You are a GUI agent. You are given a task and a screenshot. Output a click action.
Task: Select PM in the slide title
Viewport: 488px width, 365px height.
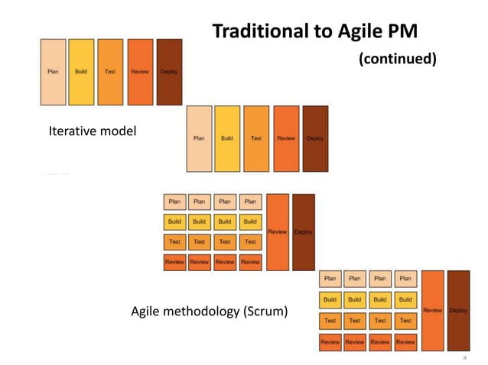pyautogui.click(x=405, y=32)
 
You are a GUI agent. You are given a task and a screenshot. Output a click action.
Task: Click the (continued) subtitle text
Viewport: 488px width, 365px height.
pyautogui.click(x=398, y=59)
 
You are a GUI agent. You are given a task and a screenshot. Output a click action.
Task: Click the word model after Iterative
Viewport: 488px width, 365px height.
pyautogui.click(x=119, y=131)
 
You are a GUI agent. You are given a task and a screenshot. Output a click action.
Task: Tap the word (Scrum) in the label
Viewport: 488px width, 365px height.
pyautogui.click(x=265, y=312)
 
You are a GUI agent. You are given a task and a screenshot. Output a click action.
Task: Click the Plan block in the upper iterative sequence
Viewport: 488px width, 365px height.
pyautogui.click(x=53, y=72)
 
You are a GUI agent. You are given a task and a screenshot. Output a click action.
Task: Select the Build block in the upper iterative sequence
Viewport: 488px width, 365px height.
pyautogui.click(x=81, y=72)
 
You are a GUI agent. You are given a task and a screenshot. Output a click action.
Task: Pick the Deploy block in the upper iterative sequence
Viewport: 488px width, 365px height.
pyautogui.click(x=169, y=72)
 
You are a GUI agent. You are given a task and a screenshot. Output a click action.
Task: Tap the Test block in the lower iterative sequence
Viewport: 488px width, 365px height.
pyautogui.click(x=256, y=138)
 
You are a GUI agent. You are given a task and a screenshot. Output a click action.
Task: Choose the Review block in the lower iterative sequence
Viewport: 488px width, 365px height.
pyautogui.click(x=286, y=138)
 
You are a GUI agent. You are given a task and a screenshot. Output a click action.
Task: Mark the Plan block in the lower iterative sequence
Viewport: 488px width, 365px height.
pyautogui.click(x=199, y=138)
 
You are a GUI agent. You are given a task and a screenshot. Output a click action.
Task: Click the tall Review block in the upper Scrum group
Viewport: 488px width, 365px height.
pyautogui.click(x=278, y=232)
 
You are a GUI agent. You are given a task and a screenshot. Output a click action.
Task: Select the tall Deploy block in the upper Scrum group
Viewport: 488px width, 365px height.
pyautogui.click(x=303, y=232)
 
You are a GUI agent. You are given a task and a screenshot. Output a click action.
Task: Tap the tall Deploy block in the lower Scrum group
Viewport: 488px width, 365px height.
pyautogui.click(x=458, y=311)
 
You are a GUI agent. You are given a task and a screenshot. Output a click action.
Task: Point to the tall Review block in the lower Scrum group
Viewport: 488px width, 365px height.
pyautogui.click(x=432, y=311)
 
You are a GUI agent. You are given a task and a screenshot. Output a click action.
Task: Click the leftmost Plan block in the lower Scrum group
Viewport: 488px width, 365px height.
pyautogui.click(x=330, y=279)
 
